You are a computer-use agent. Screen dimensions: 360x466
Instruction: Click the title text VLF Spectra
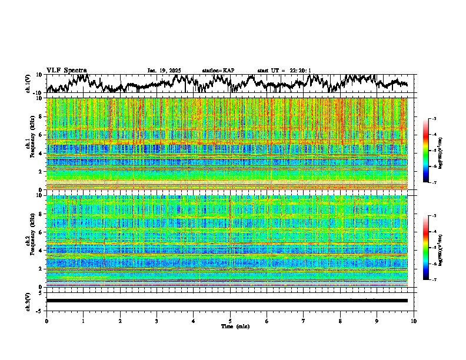pos(66,71)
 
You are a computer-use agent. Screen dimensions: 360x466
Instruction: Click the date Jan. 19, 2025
pos(164,71)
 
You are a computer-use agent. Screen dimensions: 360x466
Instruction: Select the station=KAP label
pos(218,71)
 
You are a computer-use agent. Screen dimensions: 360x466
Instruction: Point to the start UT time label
pos(284,71)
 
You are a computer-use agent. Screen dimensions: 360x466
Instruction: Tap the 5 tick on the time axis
pos(230,321)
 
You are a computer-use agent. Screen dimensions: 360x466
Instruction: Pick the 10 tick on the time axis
pos(414,321)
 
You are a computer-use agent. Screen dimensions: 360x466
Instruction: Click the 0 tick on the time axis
pos(46,321)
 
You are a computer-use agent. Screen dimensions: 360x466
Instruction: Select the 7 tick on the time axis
pos(304,321)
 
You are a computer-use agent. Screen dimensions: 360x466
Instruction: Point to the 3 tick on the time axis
pos(157,321)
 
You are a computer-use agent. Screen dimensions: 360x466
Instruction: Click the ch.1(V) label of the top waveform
pos(28,84)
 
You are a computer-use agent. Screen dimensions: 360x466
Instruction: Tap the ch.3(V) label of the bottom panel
pos(28,301)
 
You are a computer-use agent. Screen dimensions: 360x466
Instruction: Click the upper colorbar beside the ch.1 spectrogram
pos(426,151)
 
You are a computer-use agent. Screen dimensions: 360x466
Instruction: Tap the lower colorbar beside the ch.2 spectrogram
pos(426,248)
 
